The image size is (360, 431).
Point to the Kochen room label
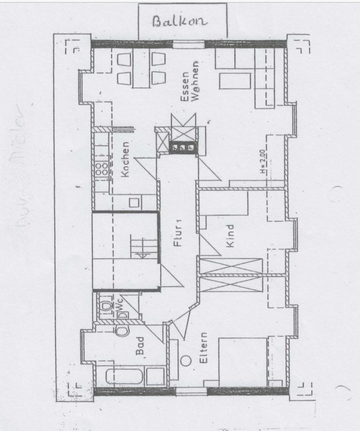[x=126, y=159]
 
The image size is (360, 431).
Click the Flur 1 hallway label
[x=178, y=233]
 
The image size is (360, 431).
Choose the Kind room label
[x=230, y=236]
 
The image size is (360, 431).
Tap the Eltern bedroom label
[x=204, y=348]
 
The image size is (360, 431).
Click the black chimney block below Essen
[x=183, y=147]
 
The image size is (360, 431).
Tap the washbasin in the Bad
[x=121, y=331]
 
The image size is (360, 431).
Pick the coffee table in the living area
[x=234, y=81]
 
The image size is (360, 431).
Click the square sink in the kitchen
[x=133, y=202]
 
